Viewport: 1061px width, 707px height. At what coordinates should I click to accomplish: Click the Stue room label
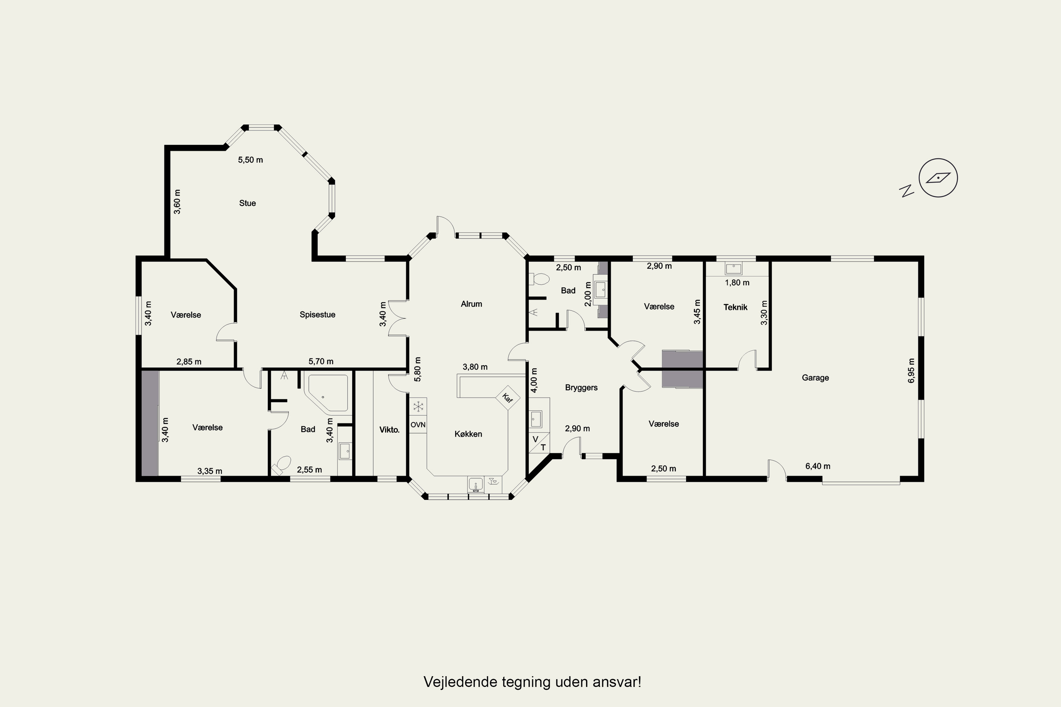pyautogui.click(x=247, y=203)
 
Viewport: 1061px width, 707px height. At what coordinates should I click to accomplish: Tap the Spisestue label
pyautogui.click(x=317, y=315)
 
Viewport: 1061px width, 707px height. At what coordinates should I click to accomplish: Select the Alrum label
pyautogui.click(x=471, y=304)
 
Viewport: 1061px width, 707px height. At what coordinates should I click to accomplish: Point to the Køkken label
pyautogui.click(x=468, y=434)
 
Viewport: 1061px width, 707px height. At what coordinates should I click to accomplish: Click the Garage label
pyautogui.click(x=815, y=378)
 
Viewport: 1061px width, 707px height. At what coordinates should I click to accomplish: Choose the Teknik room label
pyautogui.click(x=735, y=307)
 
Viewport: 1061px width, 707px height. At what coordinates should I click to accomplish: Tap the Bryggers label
pyautogui.click(x=581, y=387)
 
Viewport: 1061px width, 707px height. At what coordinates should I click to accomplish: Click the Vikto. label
pyautogui.click(x=389, y=430)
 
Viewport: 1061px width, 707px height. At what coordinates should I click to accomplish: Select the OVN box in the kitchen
pyautogui.click(x=418, y=425)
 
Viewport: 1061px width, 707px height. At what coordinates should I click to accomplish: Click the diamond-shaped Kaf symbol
pyautogui.click(x=508, y=398)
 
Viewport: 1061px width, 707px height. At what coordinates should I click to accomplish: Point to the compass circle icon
pyautogui.click(x=938, y=178)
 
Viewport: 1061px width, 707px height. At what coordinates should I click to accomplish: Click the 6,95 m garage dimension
pyautogui.click(x=911, y=370)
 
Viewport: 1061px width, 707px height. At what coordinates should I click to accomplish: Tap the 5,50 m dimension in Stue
pyautogui.click(x=250, y=160)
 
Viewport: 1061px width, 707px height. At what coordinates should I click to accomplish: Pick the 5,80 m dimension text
pyautogui.click(x=418, y=370)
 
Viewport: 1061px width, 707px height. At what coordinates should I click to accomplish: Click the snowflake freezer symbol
pyautogui.click(x=418, y=406)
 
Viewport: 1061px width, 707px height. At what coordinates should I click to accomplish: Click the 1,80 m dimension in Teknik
pyautogui.click(x=737, y=283)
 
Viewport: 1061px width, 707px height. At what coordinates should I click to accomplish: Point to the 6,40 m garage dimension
pyautogui.click(x=818, y=466)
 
